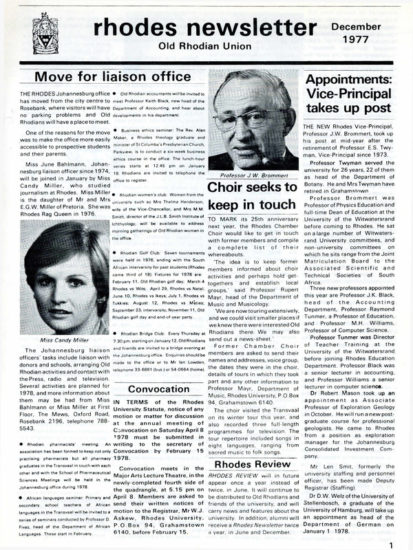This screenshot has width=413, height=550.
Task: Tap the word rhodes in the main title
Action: [x=122, y=28]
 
